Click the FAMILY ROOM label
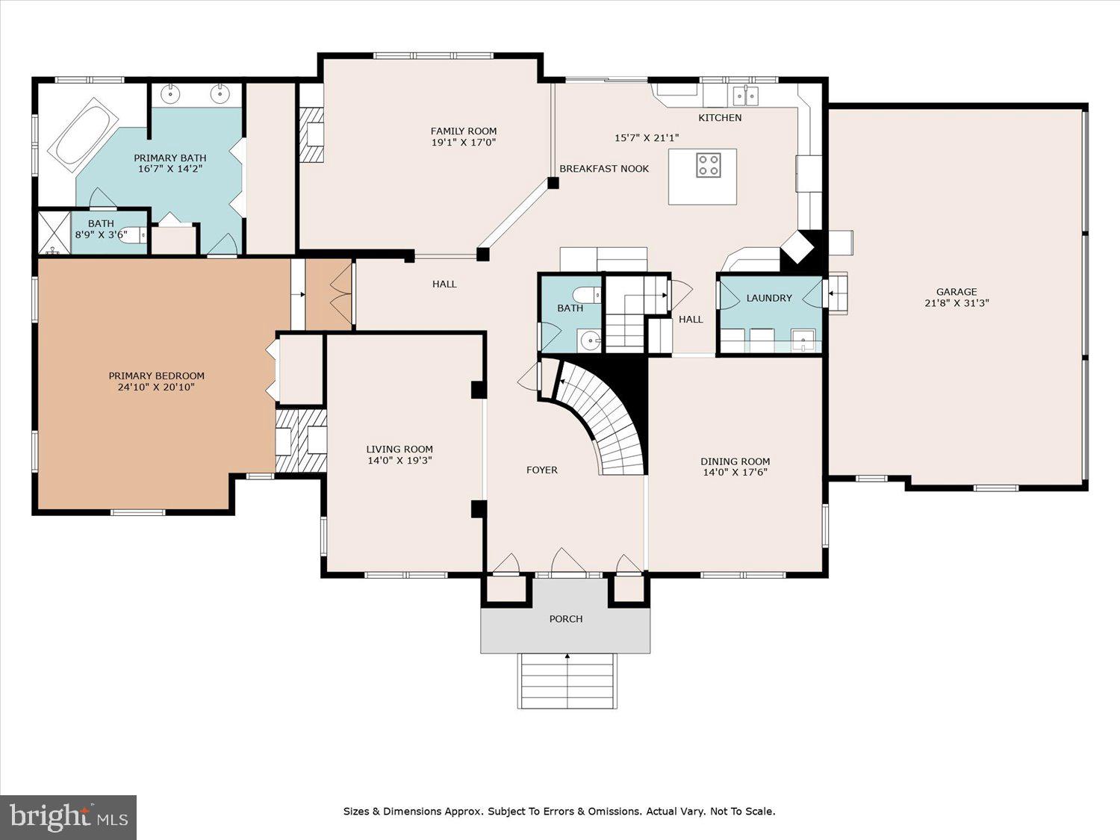tap(464, 131)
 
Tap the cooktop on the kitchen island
tap(709, 165)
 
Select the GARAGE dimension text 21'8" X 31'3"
tap(956, 303)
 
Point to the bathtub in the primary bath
tap(83, 134)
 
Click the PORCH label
tap(566, 619)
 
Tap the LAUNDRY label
tap(769, 298)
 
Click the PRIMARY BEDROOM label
tap(157, 376)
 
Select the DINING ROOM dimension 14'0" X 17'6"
tap(735, 473)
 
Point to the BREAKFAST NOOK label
tap(604, 169)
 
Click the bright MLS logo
tap(69, 818)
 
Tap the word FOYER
tap(542, 470)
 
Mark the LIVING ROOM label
tap(399, 449)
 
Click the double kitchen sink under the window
tap(745, 96)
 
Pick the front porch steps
tap(567, 681)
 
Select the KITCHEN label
tap(720, 118)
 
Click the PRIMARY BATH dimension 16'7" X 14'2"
tap(170, 169)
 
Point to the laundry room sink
tap(803, 340)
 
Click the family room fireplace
tap(311, 135)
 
